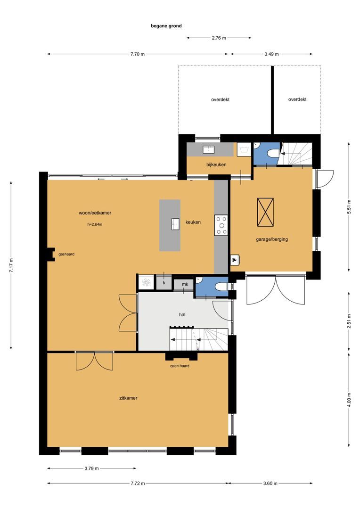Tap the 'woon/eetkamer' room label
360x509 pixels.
coord(95,213)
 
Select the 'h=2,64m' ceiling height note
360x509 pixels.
coord(95,224)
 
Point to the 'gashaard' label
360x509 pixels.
coord(66,254)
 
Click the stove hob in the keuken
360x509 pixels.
coord(221,225)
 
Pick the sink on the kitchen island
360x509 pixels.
coord(175,223)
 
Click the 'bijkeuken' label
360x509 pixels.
coord(216,164)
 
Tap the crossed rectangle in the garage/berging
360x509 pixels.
coord(265,212)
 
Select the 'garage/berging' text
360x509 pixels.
coord(272,239)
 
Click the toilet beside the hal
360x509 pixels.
coord(219,287)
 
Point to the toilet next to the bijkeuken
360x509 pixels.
coord(271,153)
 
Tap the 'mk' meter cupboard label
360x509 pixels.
coord(185,285)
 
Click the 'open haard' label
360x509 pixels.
coord(180,366)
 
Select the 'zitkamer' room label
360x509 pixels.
coord(128,398)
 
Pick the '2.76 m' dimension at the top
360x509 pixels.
coord(219,38)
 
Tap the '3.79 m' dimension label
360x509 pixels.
coord(92,468)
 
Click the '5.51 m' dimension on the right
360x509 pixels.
coord(349,206)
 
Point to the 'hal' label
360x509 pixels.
coord(182,314)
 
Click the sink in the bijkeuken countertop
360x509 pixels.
coord(208,149)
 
